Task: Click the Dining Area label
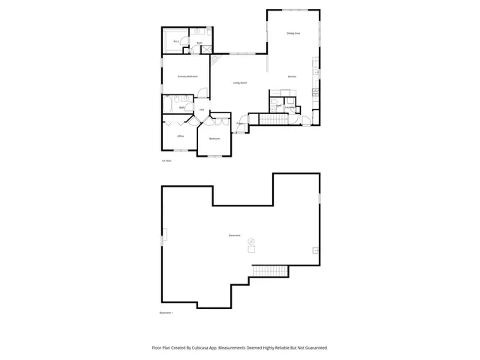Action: pos(293,34)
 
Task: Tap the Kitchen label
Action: pos(292,77)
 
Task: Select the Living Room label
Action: pos(240,82)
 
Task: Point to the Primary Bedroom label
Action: pos(187,76)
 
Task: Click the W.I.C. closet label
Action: pos(175,41)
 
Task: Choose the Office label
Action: pos(181,136)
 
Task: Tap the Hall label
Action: pos(201,110)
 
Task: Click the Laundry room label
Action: pos(290,107)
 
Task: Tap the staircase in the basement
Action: pos(270,270)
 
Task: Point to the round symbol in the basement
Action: pos(251,240)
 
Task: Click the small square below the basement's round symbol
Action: pos(251,249)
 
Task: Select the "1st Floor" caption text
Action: pos(166,160)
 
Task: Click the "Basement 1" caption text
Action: pos(166,312)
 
